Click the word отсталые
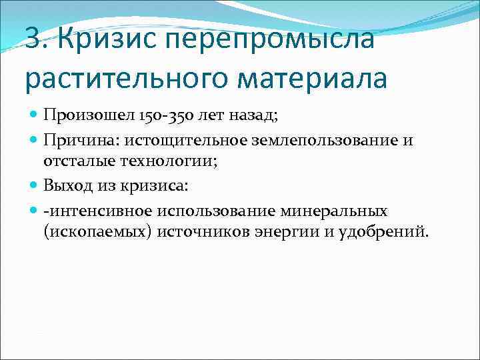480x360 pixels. [75, 161]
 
